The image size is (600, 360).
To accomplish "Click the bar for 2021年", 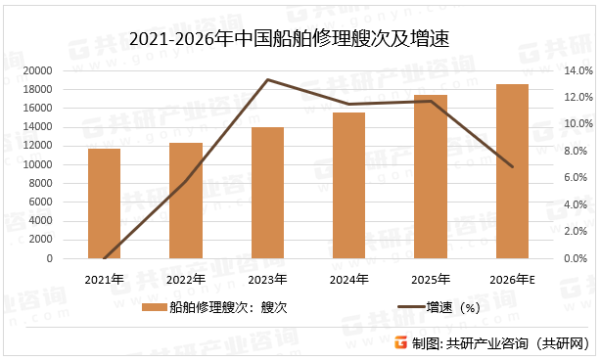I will coord(104,203).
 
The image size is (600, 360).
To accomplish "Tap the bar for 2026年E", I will coord(512,171).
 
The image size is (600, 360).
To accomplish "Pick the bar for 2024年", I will coord(348,186).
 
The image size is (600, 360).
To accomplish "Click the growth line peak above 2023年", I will coord(267,80).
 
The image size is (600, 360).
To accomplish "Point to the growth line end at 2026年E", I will coord(512,167).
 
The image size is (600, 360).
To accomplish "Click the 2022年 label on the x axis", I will coord(185,279).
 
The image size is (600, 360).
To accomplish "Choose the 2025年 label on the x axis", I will coord(431,279).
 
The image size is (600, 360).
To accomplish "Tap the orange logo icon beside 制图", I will coord(400,342).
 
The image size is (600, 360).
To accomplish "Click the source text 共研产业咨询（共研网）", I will coord(520,342).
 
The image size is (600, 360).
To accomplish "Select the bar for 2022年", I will coord(185,201).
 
